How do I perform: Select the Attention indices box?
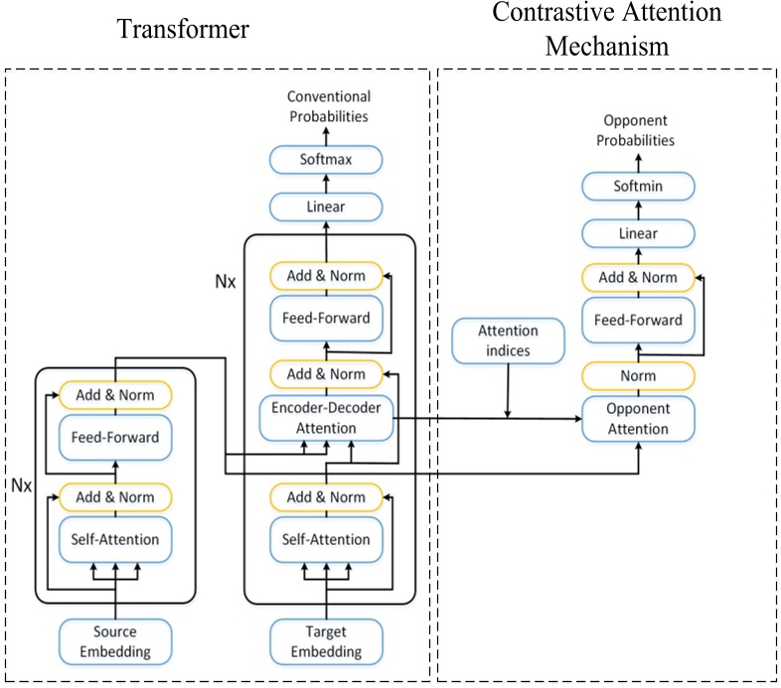[508, 341]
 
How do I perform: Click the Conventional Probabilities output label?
[328, 106]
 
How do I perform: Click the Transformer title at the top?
[184, 30]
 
